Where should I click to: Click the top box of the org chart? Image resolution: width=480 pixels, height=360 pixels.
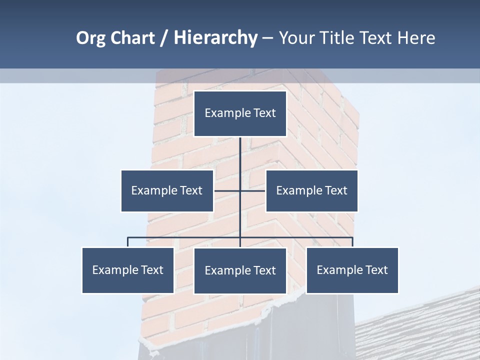(240, 113)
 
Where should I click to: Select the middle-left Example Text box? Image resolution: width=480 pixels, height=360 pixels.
(167, 190)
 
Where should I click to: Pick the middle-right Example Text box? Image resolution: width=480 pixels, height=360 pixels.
(311, 190)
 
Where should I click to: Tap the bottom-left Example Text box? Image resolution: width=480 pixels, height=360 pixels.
(128, 270)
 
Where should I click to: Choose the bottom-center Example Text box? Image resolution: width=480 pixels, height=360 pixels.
(240, 270)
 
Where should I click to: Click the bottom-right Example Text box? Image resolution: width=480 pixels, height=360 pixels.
(352, 270)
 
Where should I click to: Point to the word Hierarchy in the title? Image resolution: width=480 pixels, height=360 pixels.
(215, 38)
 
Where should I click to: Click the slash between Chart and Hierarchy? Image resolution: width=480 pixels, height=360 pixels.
(164, 38)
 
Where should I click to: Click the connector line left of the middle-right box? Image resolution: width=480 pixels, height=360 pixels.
(253, 190)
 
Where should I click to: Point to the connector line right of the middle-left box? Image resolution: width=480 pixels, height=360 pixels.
(226, 190)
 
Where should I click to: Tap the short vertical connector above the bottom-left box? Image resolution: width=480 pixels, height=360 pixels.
(128, 242)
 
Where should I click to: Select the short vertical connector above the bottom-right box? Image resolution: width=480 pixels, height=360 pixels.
(352, 242)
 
